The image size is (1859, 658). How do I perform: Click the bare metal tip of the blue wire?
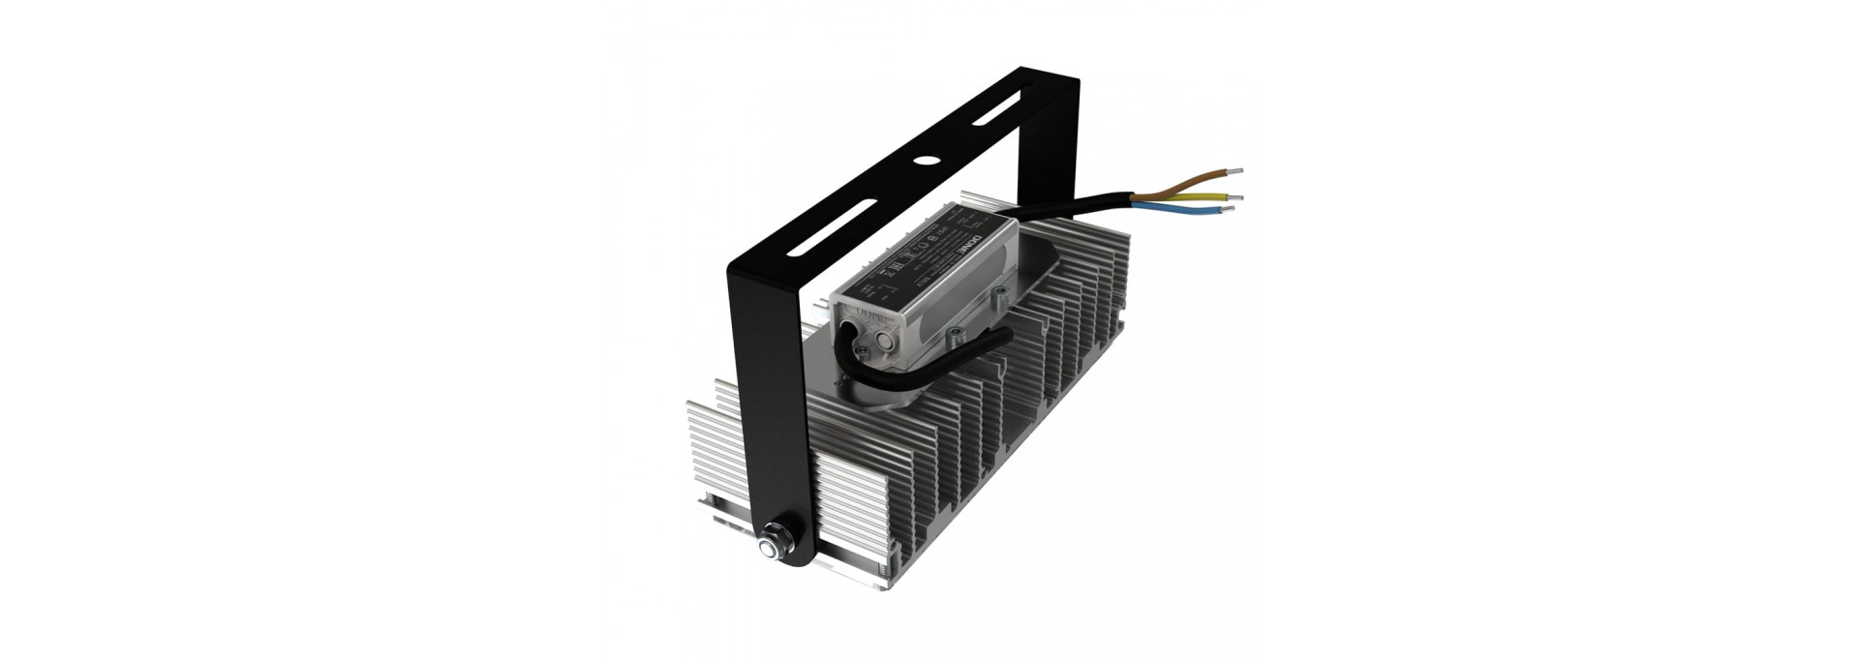[x=1230, y=209]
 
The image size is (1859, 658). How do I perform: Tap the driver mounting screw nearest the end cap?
[x=957, y=334]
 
